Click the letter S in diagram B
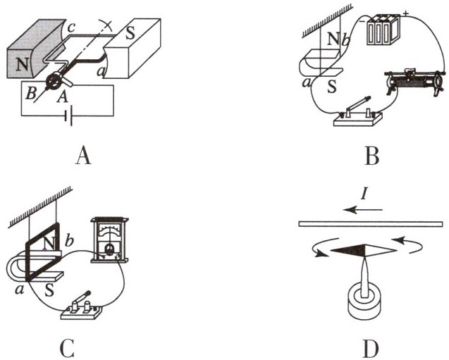327,90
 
